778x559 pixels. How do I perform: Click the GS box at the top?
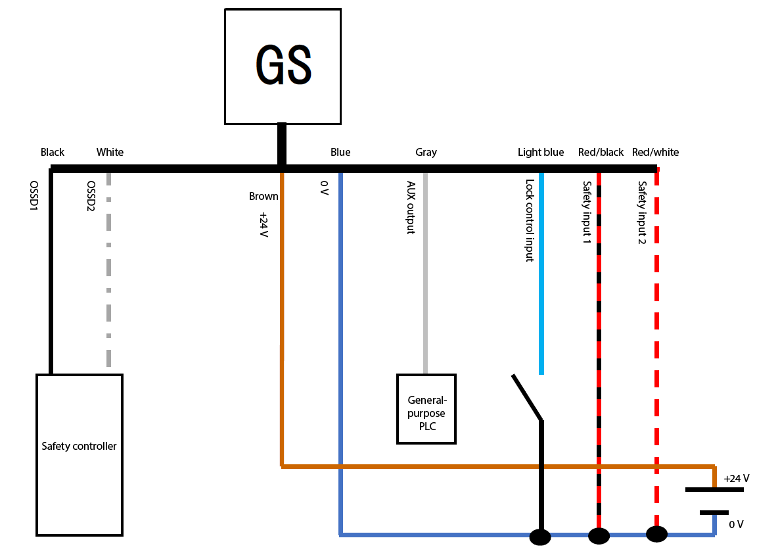coord(283,66)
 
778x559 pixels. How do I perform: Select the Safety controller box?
coord(80,454)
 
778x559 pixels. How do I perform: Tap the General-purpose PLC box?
coord(426,408)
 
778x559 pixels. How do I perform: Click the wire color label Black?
coord(53,152)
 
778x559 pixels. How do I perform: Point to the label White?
coord(110,152)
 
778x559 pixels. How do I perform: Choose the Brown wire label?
coord(263,196)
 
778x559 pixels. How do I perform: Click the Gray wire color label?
coord(426,152)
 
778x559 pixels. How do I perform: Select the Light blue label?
coord(540,152)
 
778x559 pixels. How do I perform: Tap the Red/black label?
coord(601,152)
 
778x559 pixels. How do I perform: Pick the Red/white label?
coord(655,152)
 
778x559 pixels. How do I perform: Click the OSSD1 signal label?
coord(34,197)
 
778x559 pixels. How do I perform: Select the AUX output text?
coord(411,208)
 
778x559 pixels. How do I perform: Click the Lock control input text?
coord(529,221)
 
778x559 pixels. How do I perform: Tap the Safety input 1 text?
coord(586,213)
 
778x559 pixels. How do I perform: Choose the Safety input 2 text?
coord(642,213)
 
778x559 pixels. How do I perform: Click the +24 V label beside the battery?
coord(736,478)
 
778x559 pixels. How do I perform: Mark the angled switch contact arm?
coord(527,397)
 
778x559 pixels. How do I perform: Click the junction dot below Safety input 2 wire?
coord(656,534)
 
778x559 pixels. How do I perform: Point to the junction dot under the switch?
coord(540,537)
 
